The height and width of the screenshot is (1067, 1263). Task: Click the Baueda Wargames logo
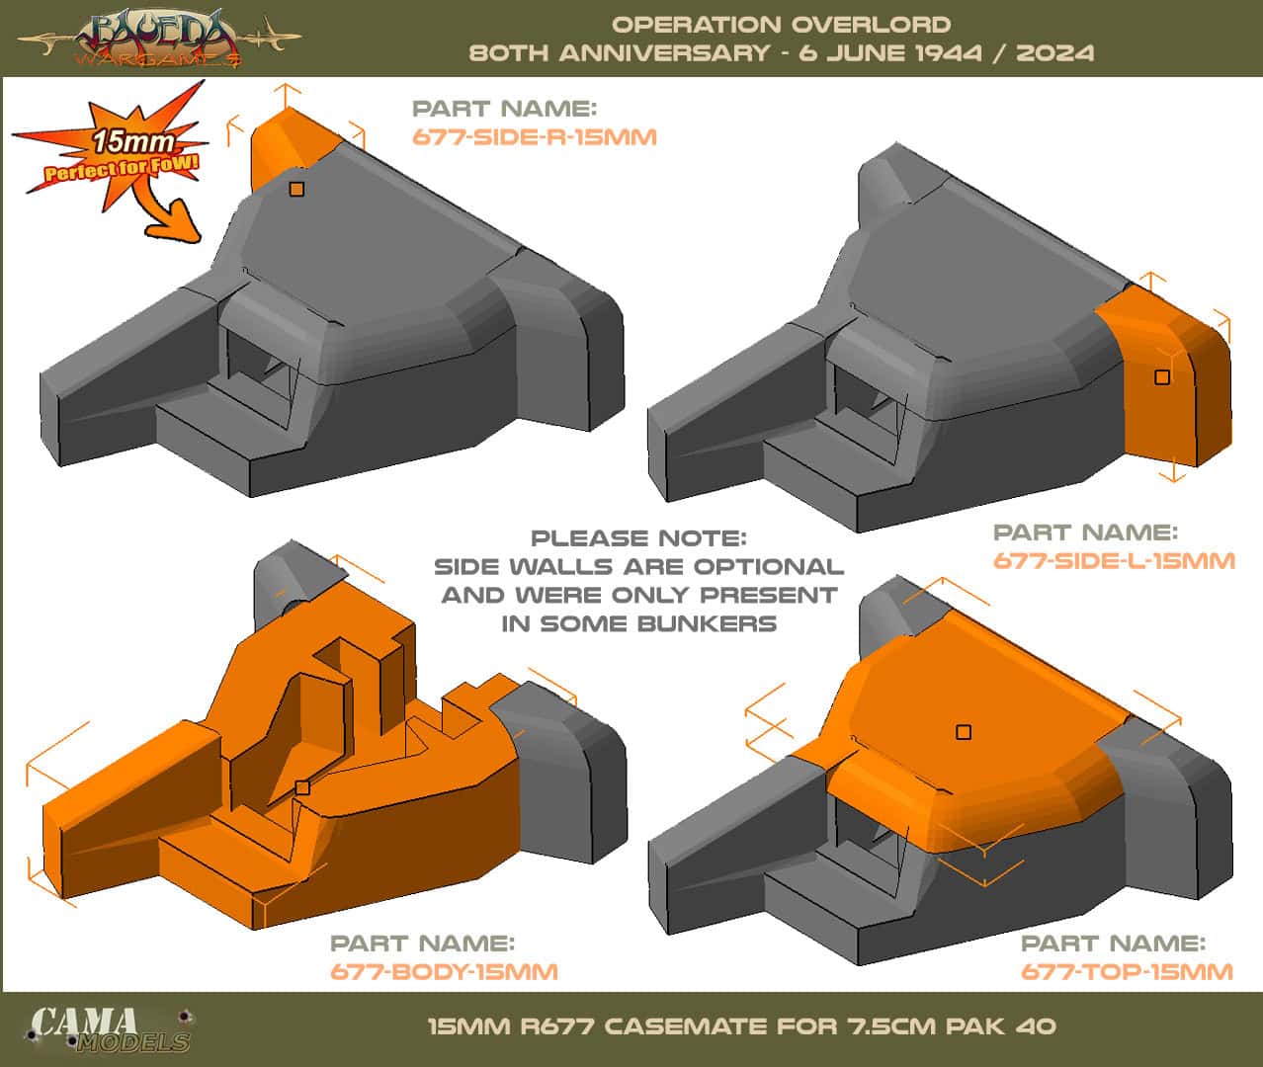click(158, 38)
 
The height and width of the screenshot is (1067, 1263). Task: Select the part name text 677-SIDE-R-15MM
click(534, 136)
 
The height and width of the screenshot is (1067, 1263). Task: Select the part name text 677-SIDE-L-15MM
click(1114, 561)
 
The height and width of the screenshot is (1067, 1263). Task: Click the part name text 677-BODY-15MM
click(444, 971)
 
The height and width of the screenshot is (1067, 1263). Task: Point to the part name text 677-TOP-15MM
click(1127, 971)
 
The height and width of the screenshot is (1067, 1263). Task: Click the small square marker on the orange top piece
click(964, 732)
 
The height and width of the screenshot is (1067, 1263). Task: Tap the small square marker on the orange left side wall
click(1162, 376)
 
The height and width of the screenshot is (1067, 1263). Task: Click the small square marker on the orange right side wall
click(296, 189)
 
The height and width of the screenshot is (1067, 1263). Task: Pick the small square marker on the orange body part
click(302, 787)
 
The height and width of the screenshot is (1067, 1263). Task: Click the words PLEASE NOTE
click(638, 538)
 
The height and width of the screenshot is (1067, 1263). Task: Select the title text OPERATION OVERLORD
click(781, 24)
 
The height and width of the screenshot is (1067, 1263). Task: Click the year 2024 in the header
click(1054, 52)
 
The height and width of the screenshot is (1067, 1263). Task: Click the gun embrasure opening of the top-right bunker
click(868, 394)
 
